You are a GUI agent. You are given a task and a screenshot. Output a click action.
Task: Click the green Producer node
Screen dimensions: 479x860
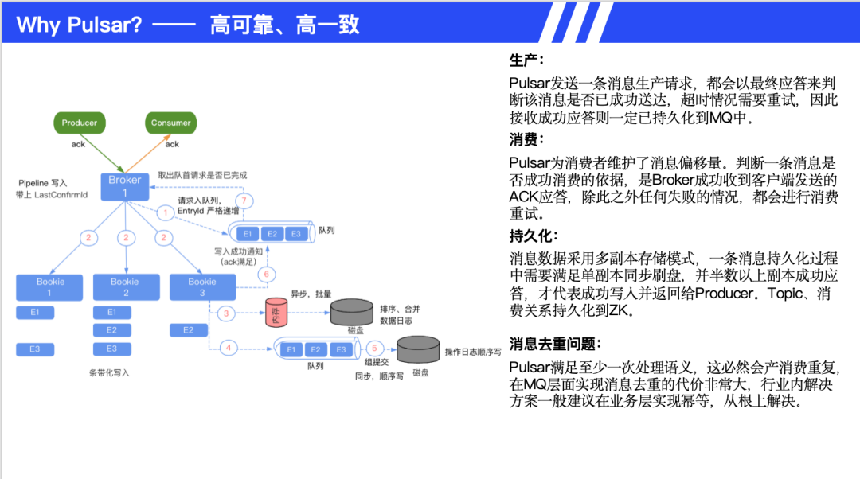click(x=80, y=123)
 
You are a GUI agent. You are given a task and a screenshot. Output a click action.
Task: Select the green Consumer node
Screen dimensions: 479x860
click(x=171, y=123)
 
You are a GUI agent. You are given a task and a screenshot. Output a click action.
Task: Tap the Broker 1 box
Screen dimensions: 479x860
click(x=124, y=186)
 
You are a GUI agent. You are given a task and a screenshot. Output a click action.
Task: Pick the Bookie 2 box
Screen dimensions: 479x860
click(x=124, y=286)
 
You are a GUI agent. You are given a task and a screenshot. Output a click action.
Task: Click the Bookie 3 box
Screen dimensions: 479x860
click(x=201, y=286)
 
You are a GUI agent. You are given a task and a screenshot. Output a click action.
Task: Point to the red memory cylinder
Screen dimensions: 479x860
click(x=276, y=313)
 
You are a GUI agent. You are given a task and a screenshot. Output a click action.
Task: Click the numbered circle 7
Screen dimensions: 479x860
click(x=245, y=199)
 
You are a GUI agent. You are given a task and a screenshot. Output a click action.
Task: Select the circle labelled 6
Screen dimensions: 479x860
click(x=267, y=275)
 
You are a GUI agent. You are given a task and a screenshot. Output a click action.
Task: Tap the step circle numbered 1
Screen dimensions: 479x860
click(x=166, y=212)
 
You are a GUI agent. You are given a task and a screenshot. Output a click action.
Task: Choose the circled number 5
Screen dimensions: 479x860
click(x=375, y=348)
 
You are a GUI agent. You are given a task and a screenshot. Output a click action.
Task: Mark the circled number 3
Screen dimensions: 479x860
click(x=226, y=313)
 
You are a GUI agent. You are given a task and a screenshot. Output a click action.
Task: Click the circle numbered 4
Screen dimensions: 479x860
click(x=229, y=348)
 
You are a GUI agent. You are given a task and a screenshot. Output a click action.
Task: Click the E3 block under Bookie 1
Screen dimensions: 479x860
click(x=35, y=349)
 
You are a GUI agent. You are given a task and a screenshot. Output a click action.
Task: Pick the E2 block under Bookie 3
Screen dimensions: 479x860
click(x=189, y=329)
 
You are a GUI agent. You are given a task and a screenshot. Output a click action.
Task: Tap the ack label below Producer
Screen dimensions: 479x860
click(x=78, y=144)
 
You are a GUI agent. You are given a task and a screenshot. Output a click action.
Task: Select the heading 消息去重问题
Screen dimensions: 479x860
click(x=555, y=345)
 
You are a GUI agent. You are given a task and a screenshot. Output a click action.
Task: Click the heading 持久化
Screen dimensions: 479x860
click(x=534, y=236)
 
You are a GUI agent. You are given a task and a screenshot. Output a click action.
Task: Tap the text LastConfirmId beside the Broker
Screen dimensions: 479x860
click(x=61, y=195)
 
